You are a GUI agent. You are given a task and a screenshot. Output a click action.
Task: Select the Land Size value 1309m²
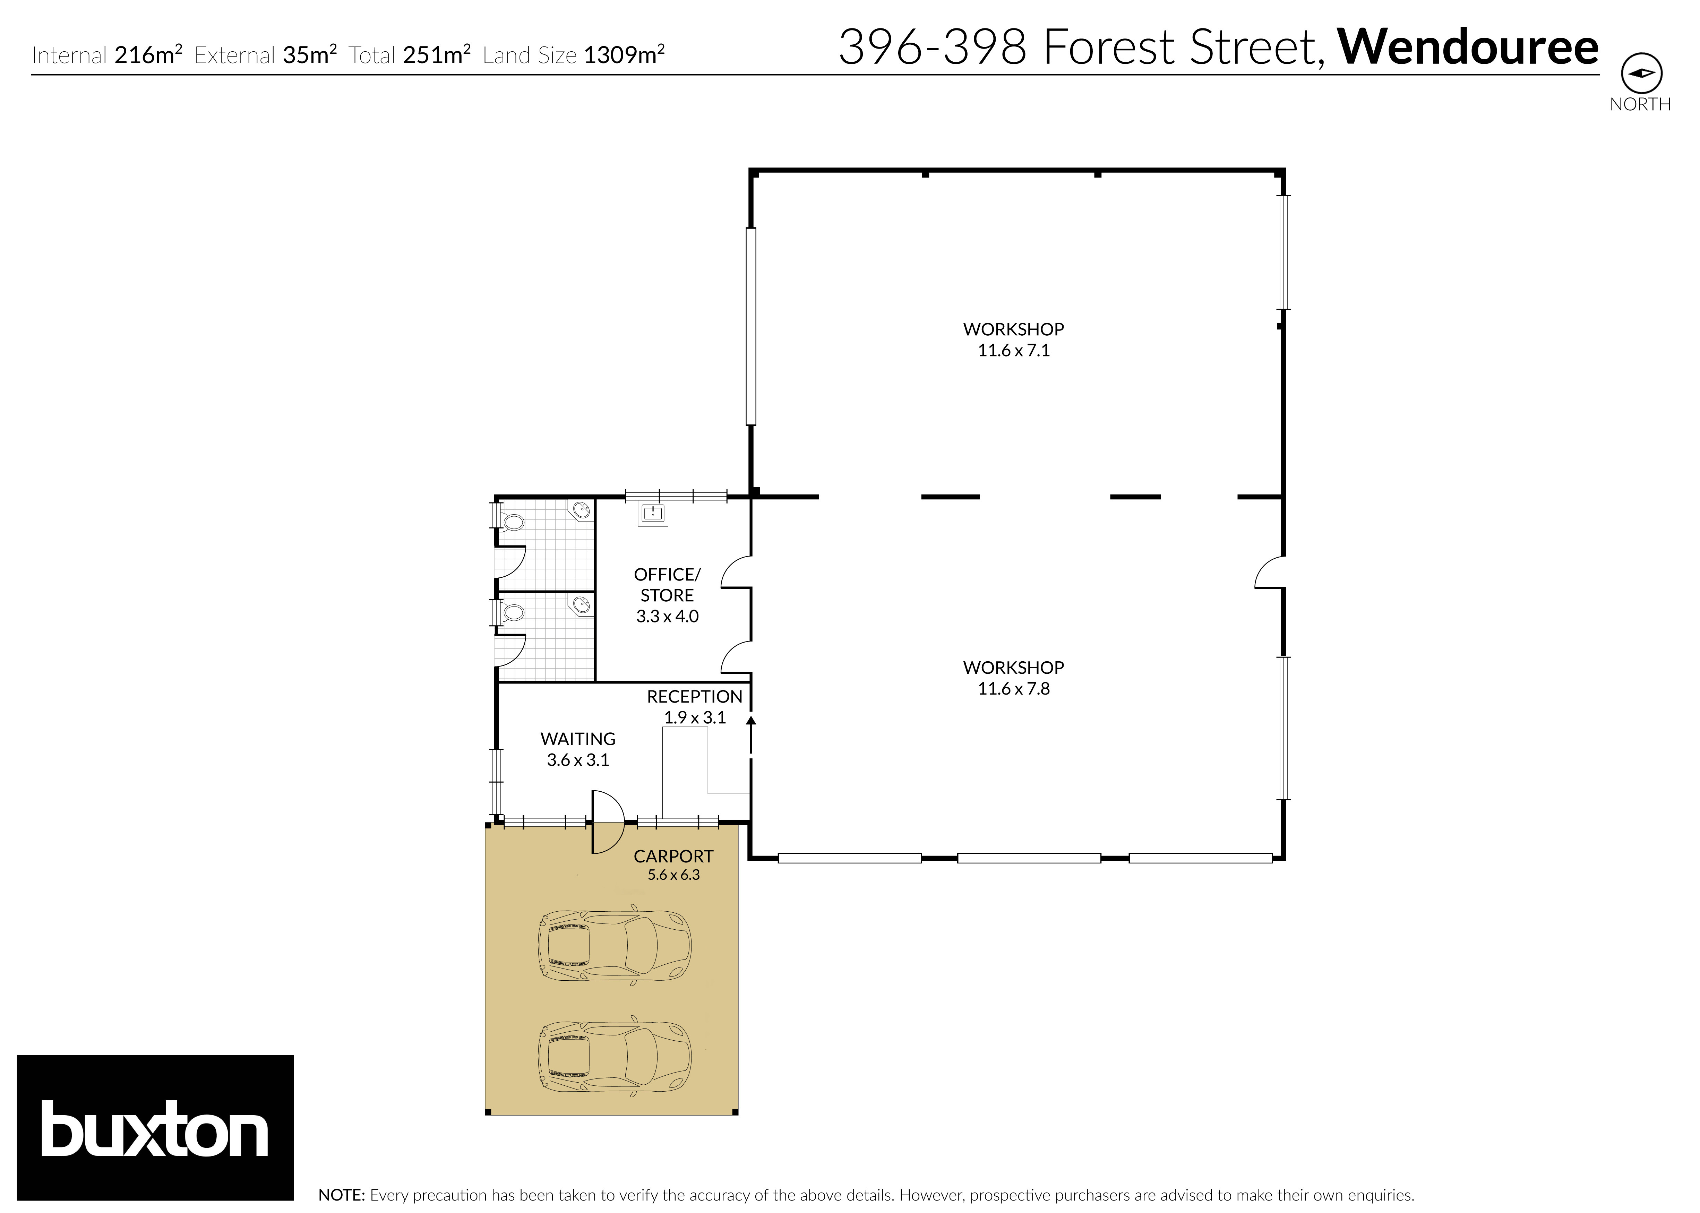pyautogui.click(x=624, y=55)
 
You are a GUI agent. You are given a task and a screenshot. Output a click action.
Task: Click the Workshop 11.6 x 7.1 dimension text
pyautogui.click(x=1014, y=350)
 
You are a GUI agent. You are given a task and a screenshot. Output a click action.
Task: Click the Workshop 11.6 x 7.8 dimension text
pyautogui.click(x=1014, y=689)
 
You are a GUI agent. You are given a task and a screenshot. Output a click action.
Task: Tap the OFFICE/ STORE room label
pyautogui.click(x=667, y=585)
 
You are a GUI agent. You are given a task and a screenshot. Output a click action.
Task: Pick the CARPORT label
pyautogui.click(x=673, y=856)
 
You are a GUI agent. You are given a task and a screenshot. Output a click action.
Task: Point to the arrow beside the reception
pyautogui.click(x=751, y=721)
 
